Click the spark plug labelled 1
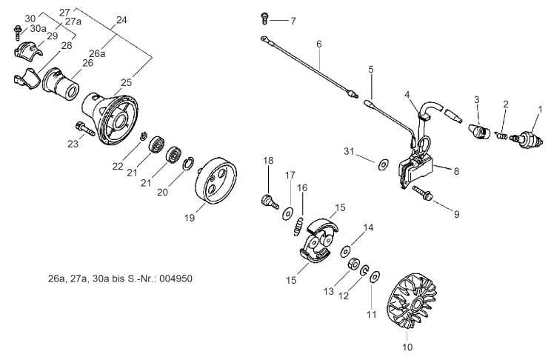coord(526,139)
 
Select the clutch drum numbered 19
coord(216,181)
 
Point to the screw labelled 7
coord(264,19)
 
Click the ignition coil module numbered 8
coord(417,170)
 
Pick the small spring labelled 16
coord(298,227)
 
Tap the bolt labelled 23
coord(84,128)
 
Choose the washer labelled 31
coord(383,164)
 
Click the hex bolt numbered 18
coord(270,201)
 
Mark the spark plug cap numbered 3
coord(478,131)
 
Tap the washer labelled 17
coord(288,214)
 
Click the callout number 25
coord(126,83)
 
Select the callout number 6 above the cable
coord(318,44)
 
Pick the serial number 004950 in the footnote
coord(176,279)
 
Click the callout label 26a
coord(97,53)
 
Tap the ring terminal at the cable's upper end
coord(264,39)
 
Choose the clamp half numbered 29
coord(28,49)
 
